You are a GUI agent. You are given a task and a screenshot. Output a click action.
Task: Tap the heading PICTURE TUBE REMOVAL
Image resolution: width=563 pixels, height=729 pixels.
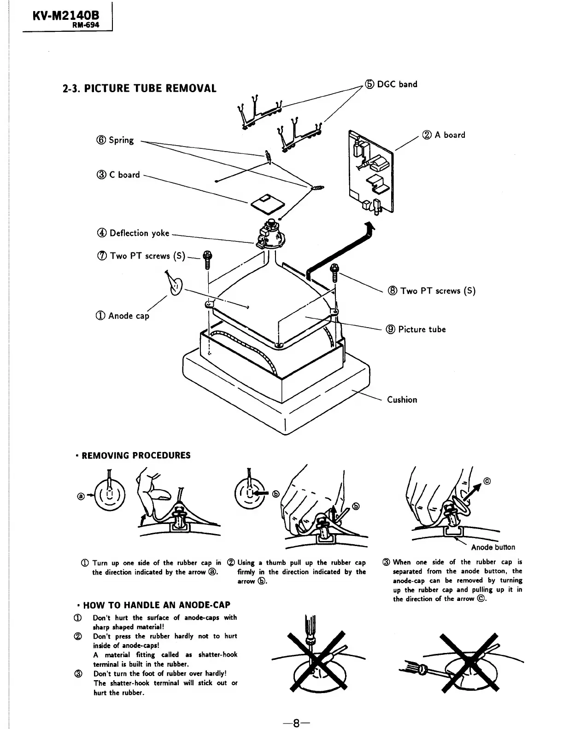tap(140, 88)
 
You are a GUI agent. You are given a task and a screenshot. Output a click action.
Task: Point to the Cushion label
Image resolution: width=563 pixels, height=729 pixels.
tap(402, 400)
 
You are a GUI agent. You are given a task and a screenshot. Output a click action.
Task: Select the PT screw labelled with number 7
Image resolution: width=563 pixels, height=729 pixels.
tap(207, 260)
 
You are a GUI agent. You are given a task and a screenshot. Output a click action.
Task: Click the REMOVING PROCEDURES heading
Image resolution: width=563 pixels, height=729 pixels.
tap(136, 456)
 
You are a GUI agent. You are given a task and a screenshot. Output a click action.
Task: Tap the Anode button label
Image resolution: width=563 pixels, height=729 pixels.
tap(493, 547)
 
